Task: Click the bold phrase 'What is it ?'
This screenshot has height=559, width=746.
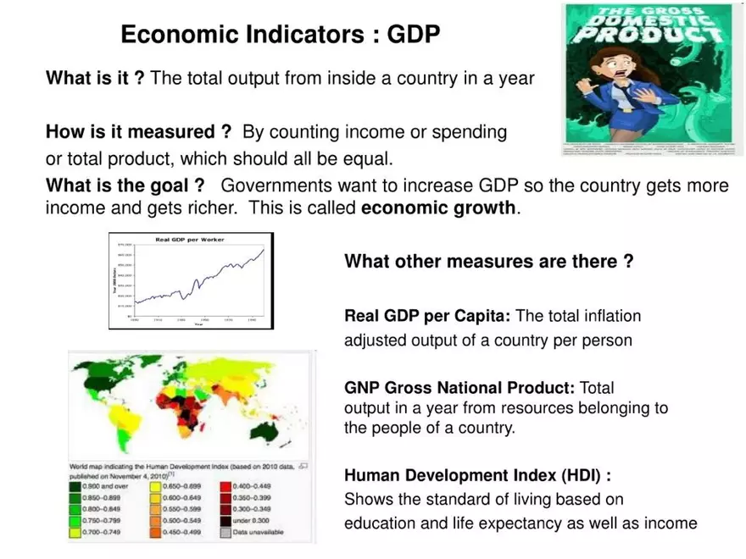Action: point(95,79)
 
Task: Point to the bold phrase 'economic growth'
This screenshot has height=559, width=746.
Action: point(437,208)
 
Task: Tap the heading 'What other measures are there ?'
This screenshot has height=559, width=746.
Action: point(488,262)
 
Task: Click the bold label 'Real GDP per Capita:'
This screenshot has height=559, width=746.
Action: point(427,316)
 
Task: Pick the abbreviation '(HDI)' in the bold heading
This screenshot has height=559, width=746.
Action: point(582,474)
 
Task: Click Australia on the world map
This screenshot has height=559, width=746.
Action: point(272,430)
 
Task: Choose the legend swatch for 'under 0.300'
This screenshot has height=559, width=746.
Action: point(225,521)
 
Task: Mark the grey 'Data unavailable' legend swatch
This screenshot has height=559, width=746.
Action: point(225,532)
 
